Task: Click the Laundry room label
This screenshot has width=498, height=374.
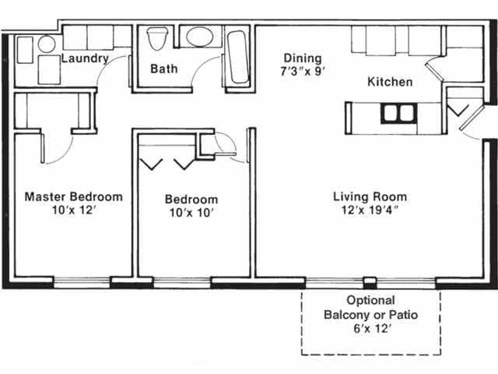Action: pos(84,58)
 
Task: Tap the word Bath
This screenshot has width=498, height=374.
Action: pos(163,69)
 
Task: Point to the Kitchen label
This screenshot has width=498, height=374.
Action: pos(390,82)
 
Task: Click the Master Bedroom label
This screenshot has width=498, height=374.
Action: pos(73,196)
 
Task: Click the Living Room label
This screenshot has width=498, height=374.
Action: pos(370,196)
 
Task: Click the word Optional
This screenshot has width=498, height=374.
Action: pos(370,300)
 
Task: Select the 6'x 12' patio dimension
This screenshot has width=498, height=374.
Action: pos(370,328)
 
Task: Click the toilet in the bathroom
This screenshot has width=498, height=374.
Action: pos(157,38)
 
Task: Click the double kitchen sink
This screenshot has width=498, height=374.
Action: pos(398,113)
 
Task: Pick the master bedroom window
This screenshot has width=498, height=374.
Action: pos(81,282)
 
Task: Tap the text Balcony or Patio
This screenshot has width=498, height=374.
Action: pos(370,314)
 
